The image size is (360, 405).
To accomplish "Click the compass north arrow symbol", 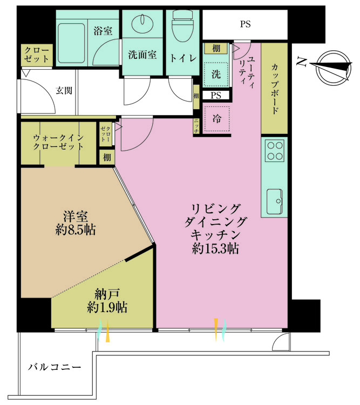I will point(330,66).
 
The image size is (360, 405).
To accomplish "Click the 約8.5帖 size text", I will point(76,230).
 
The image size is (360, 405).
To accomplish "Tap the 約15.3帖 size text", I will point(215,249).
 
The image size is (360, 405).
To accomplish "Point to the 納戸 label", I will point(106,295).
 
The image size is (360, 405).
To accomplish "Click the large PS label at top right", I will point(245,24).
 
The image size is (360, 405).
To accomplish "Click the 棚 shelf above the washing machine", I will point(216,49).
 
